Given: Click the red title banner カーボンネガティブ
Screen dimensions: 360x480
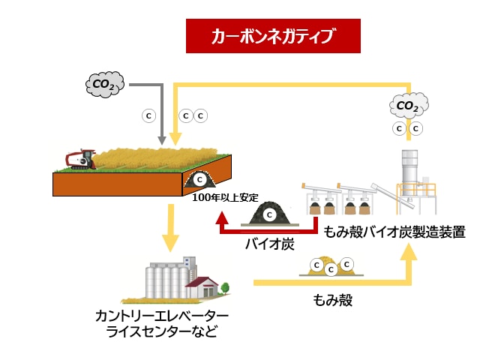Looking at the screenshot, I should point(273,36).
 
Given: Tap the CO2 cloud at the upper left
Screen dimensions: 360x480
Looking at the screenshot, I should point(103,85).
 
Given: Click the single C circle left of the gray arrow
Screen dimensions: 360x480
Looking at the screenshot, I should point(148,116).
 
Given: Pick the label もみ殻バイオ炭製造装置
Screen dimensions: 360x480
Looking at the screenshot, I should point(394,232).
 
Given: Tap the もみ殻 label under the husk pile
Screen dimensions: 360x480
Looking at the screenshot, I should point(332,300).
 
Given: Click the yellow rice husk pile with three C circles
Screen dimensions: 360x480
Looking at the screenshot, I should point(332,266).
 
